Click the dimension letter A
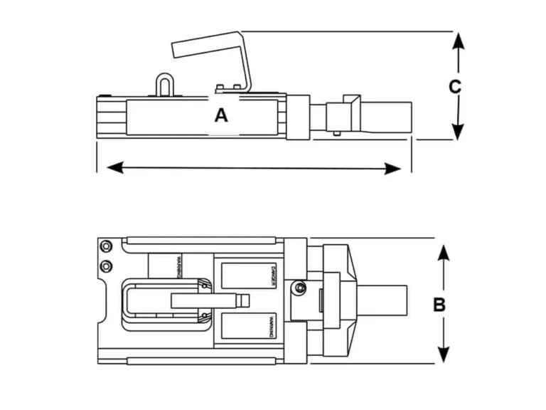pos(222,115)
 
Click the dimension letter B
pos(439,304)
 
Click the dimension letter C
pos(456,87)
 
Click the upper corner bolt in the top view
pos(107,246)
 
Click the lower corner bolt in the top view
pos(107,266)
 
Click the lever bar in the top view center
pos(206,300)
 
